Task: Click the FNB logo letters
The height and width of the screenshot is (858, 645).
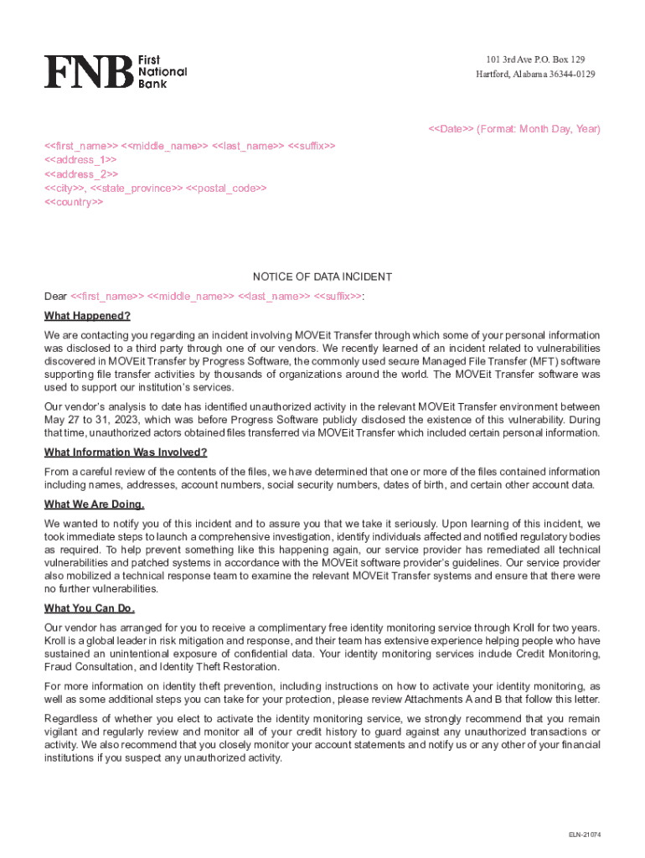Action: tap(89, 72)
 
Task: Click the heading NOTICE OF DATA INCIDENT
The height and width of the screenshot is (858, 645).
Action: tap(322, 277)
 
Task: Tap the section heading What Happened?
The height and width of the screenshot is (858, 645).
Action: tap(87, 317)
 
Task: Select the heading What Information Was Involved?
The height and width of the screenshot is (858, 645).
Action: tap(126, 453)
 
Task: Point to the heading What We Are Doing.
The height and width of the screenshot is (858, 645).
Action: tap(95, 504)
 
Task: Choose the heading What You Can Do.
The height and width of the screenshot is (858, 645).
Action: tap(90, 608)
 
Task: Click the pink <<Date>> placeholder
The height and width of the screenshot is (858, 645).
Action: tap(451, 129)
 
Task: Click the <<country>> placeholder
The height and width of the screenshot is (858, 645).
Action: tap(74, 203)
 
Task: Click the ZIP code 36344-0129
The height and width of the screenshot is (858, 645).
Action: tap(572, 75)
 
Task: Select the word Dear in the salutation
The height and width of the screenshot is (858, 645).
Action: tap(55, 297)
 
